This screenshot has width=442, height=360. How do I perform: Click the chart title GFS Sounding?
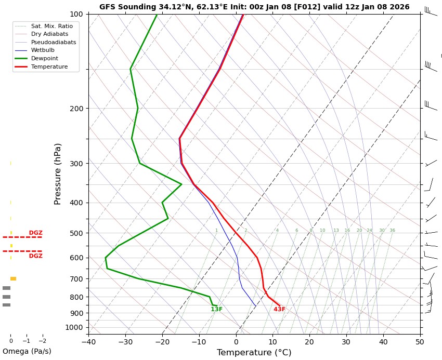point(254,7)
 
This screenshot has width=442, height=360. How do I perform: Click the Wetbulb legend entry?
point(43,50)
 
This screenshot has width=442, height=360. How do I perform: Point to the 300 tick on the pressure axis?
point(76,164)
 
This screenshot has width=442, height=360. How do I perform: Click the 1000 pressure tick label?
point(74,327)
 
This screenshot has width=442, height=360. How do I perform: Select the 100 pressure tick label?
point(76,14)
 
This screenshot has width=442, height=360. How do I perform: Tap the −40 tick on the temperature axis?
point(88,342)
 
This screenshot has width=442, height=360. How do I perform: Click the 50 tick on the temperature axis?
point(420,342)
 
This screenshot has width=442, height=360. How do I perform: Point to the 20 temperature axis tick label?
point(309,342)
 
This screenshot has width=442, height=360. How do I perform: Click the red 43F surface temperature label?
point(279,310)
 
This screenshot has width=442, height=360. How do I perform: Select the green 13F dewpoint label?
point(216,310)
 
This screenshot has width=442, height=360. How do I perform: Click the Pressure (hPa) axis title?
point(58,174)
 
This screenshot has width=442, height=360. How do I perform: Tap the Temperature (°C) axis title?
point(254,353)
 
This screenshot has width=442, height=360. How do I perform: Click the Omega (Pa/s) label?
point(27,352)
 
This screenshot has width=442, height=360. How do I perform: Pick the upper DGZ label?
point(35,233)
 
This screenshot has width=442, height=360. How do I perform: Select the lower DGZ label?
point(35,256)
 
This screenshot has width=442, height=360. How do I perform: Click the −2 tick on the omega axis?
point(42,341)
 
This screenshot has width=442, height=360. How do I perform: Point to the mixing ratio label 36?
point(392,231)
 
